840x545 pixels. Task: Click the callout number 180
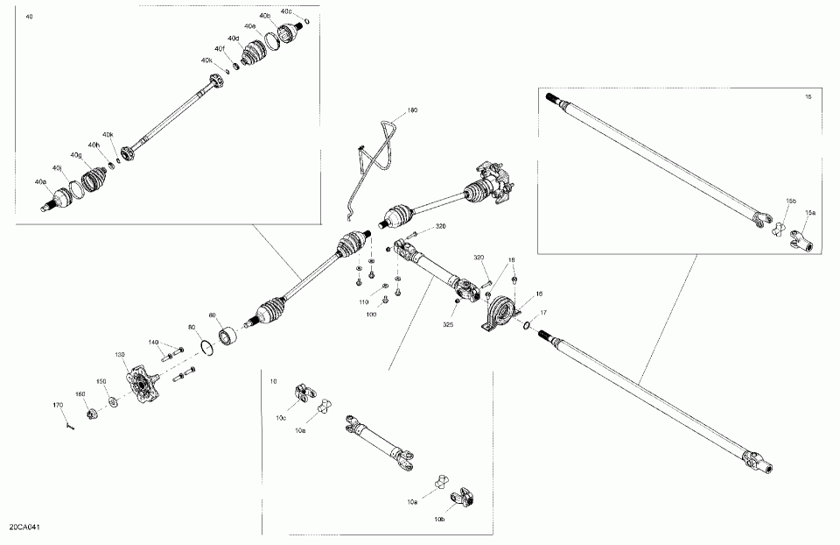[x=412, y=111]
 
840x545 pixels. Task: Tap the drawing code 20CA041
[x=26, y=527]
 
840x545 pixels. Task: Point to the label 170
[x=59, y=405]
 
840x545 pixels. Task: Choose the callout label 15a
[x=809, y=213]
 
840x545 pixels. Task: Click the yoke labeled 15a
[x=803, y=237]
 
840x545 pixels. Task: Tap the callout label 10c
[x=280, y=418]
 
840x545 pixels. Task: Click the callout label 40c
[x=286, y=11]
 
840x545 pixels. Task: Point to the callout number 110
[x=363, y=301]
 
